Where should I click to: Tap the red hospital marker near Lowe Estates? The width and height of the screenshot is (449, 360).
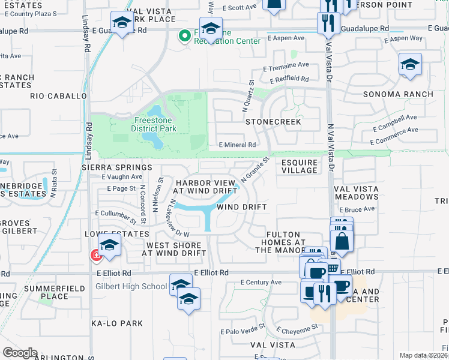pyautogui.click(x=95, y=256)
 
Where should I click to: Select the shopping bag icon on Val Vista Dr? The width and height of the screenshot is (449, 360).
pyautogui.click(x=342, y=241)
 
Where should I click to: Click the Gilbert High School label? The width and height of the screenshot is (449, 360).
pyautogui.click(x=131, y=286)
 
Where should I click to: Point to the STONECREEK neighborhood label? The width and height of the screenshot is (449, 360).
pyautogui.click(x=273, y=122)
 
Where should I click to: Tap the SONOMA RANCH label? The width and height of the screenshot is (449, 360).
pyautogui.click(x=398, y=95)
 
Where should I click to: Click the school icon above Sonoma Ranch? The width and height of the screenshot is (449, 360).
pyautogui.click(x=410, y=65)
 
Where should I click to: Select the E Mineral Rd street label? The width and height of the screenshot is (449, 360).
pyautogui.click(x=238, y=145)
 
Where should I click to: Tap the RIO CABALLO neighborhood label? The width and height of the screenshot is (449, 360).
pyautogui.click(x=59, y=96)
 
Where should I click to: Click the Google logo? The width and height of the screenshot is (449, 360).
pyautogui.click(x=19, y=353)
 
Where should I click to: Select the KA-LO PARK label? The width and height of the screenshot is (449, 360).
pyautogui.click(x=117, y=323)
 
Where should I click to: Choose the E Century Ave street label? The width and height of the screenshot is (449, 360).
pyautogui.click(x=261, y=282)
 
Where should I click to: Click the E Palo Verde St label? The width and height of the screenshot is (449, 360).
pyautogui.click(x=243, y=331)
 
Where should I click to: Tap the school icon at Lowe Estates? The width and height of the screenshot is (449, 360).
pyautogui.click(x=109, y=245)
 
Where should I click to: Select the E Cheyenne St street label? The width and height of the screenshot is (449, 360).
pyautogui.click(x=297, y=329)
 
